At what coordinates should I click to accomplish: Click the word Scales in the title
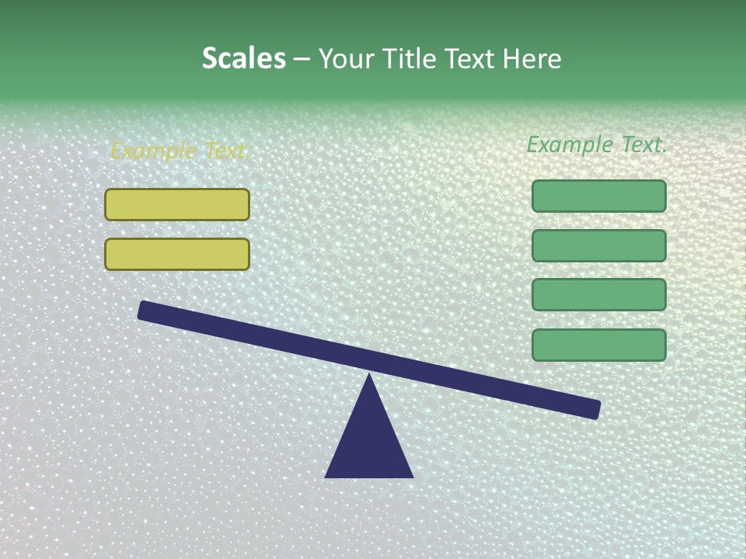243,59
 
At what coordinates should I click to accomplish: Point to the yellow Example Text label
180,151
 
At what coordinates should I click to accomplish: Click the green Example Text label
597,144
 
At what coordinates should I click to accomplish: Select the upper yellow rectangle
177,205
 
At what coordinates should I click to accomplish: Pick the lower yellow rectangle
177,255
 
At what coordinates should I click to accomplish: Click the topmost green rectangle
599,196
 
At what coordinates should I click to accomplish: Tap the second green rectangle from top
599,246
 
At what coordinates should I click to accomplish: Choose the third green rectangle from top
599,295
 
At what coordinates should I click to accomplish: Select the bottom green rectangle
599,345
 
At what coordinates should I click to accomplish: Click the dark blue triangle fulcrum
369,443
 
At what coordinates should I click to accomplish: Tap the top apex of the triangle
369,377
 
